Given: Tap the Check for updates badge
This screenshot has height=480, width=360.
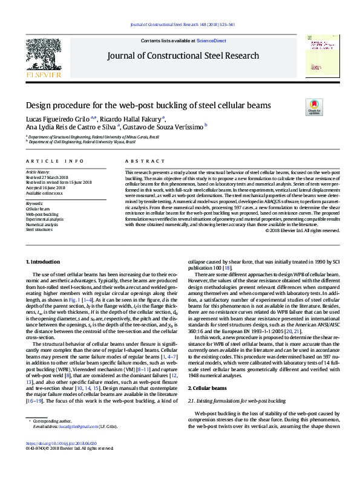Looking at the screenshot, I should [x=314, y=107].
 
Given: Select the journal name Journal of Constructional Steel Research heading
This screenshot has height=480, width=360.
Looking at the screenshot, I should [x=183, y=56].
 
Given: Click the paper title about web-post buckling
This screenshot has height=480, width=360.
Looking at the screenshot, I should [x=148, y=105].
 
